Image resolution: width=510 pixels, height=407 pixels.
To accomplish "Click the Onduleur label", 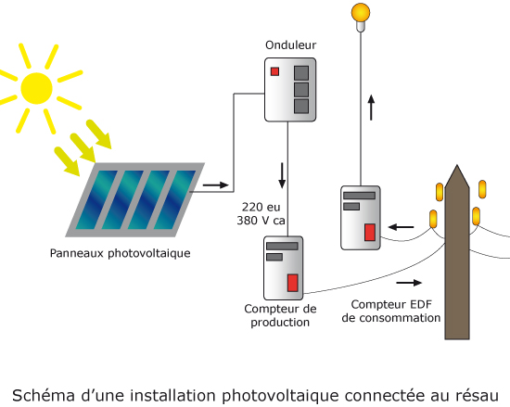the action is (290, 45).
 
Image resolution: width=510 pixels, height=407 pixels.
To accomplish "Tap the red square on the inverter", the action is (274, 71).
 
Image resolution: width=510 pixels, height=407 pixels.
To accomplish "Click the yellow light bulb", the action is (361, 17).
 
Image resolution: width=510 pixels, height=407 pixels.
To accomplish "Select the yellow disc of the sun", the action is (36, 88).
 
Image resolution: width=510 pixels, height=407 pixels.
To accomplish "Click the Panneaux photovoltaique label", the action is (120, 253).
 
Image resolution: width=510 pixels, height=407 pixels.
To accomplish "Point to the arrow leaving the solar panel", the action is (216, 185).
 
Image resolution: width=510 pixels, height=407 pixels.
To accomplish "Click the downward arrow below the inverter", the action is (282, 175).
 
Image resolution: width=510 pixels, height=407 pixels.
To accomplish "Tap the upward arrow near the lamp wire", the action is (371, 108).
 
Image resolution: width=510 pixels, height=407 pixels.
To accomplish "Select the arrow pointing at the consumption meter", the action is (401, 227).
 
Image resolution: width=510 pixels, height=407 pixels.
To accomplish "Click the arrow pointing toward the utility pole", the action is (409, 283).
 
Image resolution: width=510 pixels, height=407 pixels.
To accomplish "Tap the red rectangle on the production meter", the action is (292, 283).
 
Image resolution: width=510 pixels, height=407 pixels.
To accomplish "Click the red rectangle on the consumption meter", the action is (370, 232).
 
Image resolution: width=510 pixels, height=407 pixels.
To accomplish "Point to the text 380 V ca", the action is (261, 221).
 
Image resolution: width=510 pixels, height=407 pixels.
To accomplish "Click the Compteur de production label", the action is (280, 315).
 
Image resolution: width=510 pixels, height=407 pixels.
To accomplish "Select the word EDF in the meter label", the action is (421, 305).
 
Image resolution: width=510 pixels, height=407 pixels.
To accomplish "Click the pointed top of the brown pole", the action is (457, 165).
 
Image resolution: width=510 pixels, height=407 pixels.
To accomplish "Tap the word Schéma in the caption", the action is (44, 395).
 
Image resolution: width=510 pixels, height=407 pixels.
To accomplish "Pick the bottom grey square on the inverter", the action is (301, 106).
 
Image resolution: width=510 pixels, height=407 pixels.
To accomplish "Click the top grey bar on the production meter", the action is (282, 246).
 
